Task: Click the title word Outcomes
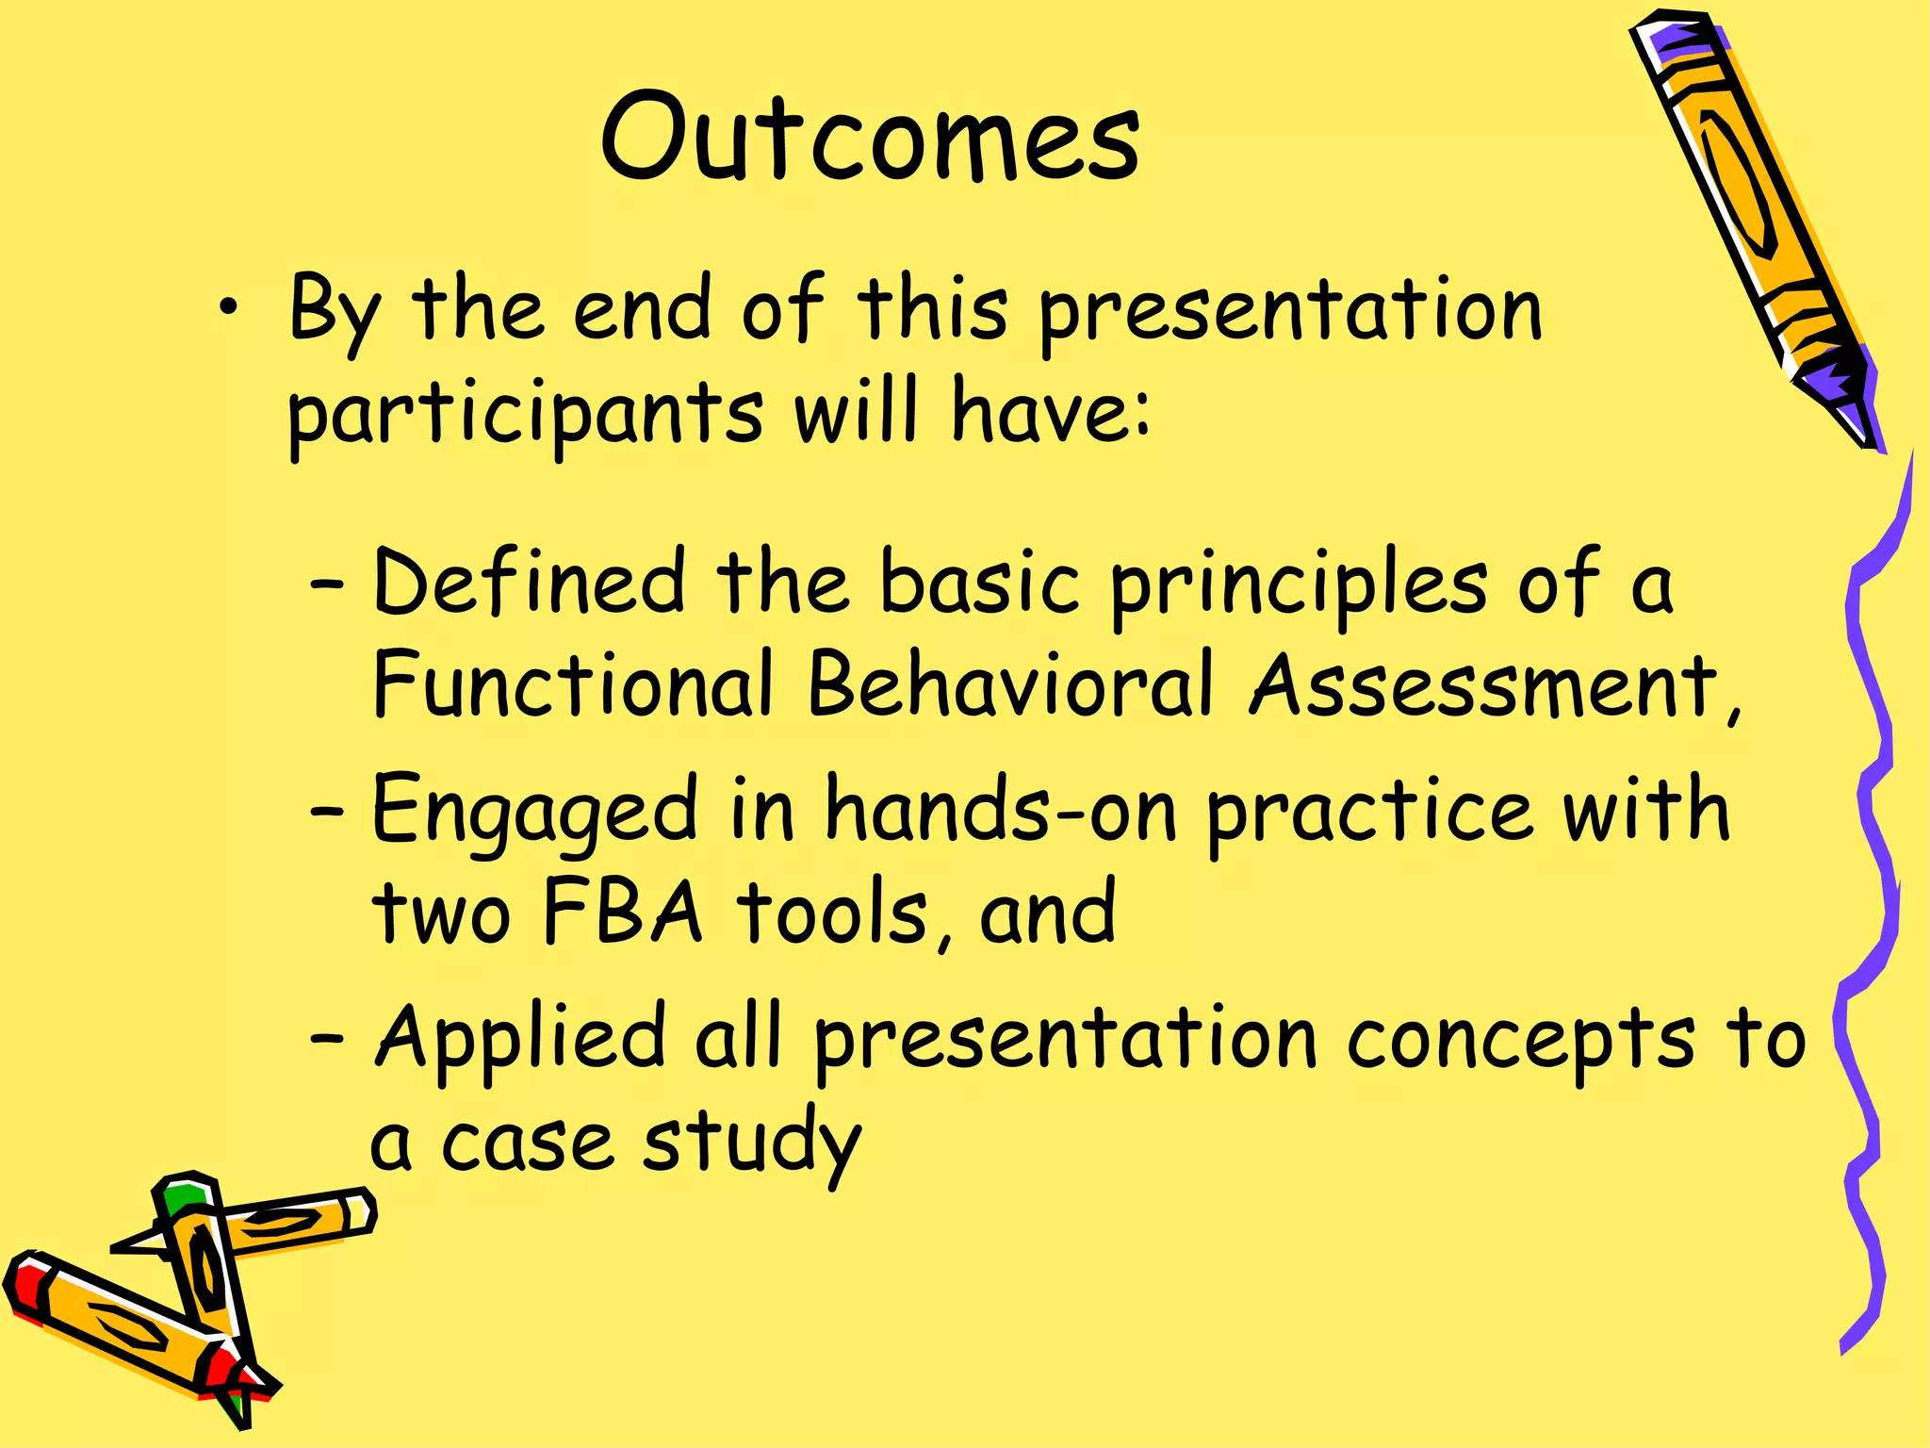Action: [871, 140]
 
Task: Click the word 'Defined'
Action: [529, 583]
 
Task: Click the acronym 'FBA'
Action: [623, 913]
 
